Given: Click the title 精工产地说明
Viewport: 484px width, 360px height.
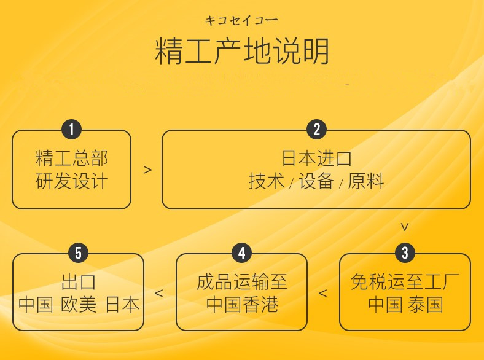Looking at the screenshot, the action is (241, 51).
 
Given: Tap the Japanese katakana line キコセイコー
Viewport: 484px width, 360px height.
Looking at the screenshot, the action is (241, 21).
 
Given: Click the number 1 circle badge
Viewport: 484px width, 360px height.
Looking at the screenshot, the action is (71, 130).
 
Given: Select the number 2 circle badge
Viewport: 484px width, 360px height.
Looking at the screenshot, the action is (317, 130).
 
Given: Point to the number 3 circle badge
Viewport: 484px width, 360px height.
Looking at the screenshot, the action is (405, 253).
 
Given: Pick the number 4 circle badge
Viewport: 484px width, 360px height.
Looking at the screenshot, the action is (241, 253).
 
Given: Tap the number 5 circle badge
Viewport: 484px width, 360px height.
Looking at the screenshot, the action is (79, 253).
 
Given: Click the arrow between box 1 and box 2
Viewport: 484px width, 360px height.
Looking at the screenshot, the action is (148, 170).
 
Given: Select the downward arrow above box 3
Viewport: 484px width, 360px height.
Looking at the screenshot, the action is (405, 227).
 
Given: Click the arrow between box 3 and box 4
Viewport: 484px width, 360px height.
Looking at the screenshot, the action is (322, 293).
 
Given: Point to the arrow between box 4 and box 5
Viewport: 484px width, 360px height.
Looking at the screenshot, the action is (158, 293).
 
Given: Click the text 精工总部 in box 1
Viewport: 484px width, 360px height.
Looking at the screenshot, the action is (72, 158).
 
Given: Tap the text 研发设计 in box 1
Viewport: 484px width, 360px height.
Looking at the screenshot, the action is (72, 181).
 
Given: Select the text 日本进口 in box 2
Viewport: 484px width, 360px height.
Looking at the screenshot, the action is (317, 158).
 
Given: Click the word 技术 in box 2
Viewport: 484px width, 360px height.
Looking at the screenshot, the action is (267, 181).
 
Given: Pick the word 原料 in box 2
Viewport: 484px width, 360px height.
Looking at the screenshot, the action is (366, 181).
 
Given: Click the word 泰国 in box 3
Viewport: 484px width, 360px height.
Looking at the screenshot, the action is (426, 304).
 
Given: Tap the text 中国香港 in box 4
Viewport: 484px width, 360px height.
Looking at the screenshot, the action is (243, 304).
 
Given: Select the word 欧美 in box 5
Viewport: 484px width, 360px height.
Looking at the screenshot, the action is (79, 304).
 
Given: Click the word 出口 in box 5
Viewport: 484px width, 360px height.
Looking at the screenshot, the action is (79, 282).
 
